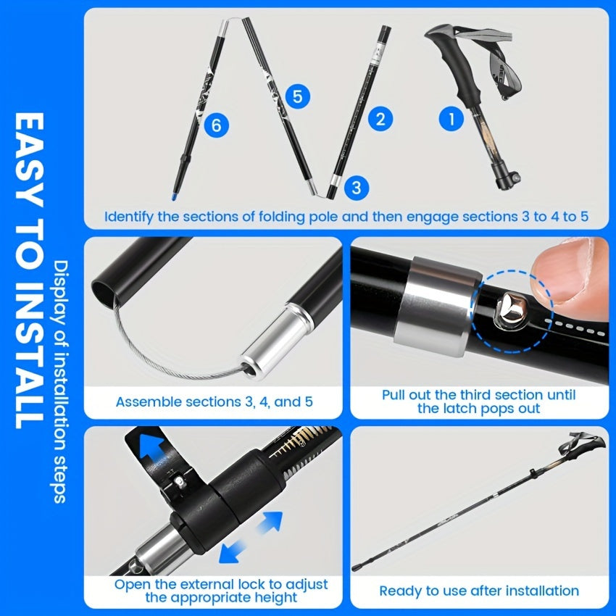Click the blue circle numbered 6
tap(216, 126)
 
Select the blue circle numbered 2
tap(381, 118)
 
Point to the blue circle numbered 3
tap(355, 187)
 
